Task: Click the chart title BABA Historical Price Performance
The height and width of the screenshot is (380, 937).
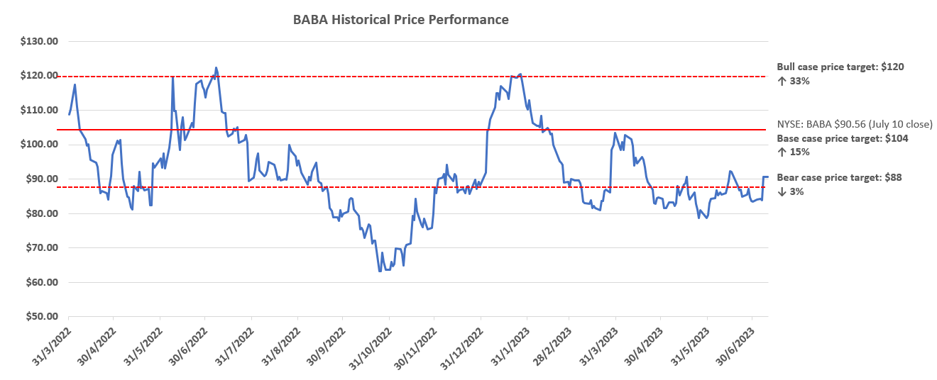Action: tap(400, 20)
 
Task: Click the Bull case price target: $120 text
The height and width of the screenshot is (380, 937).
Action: tap(840, 67)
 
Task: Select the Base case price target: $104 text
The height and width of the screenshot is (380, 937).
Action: tap(843, 138)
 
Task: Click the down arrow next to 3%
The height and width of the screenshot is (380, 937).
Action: tap(780, 191)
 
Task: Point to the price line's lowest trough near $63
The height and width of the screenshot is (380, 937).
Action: tap(380, 271)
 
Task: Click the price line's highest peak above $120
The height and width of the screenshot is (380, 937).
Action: tap(216, 68)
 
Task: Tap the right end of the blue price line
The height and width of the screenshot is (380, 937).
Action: tap(768, 177)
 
